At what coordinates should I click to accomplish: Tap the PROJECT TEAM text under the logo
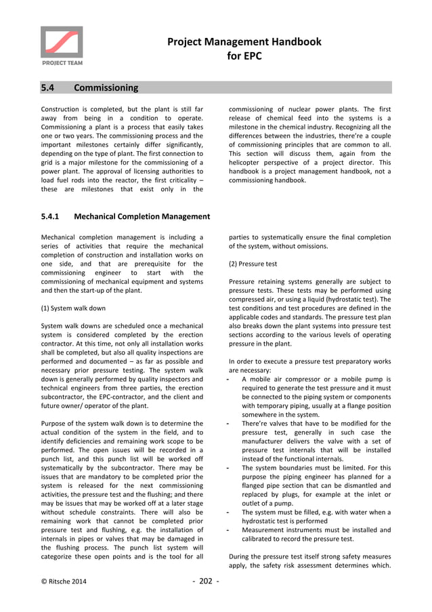(61, 63)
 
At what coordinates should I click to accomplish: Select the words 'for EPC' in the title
(244, 56)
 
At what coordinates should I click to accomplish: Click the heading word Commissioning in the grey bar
(106, 87)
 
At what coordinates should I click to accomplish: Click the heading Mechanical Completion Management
(142, 217)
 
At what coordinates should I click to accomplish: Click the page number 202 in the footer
(207, 581)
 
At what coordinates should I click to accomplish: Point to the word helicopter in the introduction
(249, 163)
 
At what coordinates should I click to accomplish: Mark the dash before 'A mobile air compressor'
(232, 379)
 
